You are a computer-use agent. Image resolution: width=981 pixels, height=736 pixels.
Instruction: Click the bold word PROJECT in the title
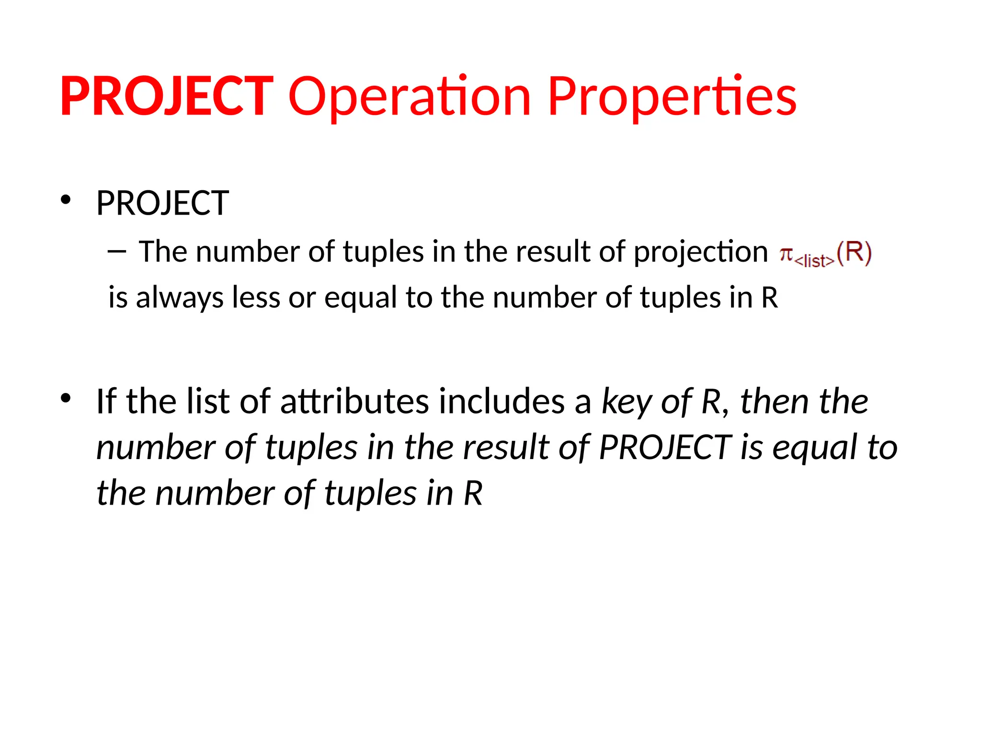[x=166, y=97]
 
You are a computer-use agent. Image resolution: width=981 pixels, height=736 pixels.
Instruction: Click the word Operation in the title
[x=410, y=97]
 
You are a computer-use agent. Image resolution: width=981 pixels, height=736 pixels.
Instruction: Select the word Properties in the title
[x=672, y=97]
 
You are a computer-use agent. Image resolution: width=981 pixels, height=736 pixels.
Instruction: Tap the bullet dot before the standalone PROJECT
[x=66, y=200]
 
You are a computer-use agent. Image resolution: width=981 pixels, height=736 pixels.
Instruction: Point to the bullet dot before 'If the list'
[x=66, y=398]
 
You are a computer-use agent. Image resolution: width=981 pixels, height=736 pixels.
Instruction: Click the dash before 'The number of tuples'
[x=117, y=251]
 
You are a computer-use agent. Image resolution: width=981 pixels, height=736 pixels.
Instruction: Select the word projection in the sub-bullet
[x=701, y=252]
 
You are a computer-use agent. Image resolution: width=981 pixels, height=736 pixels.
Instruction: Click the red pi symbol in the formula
[x=786, y=253]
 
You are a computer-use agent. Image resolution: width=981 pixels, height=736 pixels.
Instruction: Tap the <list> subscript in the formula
[x=814, y=261]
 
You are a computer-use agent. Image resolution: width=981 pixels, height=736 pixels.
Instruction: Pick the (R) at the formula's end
[x=854, y=253]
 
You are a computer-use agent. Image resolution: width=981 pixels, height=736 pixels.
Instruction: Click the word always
[x=180, y=298]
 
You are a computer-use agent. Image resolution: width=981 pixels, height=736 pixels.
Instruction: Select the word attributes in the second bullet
[x=354, y=402]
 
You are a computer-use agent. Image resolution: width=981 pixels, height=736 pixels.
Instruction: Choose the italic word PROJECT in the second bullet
[x=665, y=448]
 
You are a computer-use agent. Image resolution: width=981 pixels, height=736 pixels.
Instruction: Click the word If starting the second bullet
[x=106, y=402]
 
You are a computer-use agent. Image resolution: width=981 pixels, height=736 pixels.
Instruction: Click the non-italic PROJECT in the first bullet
[x=162, y=203]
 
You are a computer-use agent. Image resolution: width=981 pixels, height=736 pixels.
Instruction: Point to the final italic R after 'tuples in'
[x=473, y=494]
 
